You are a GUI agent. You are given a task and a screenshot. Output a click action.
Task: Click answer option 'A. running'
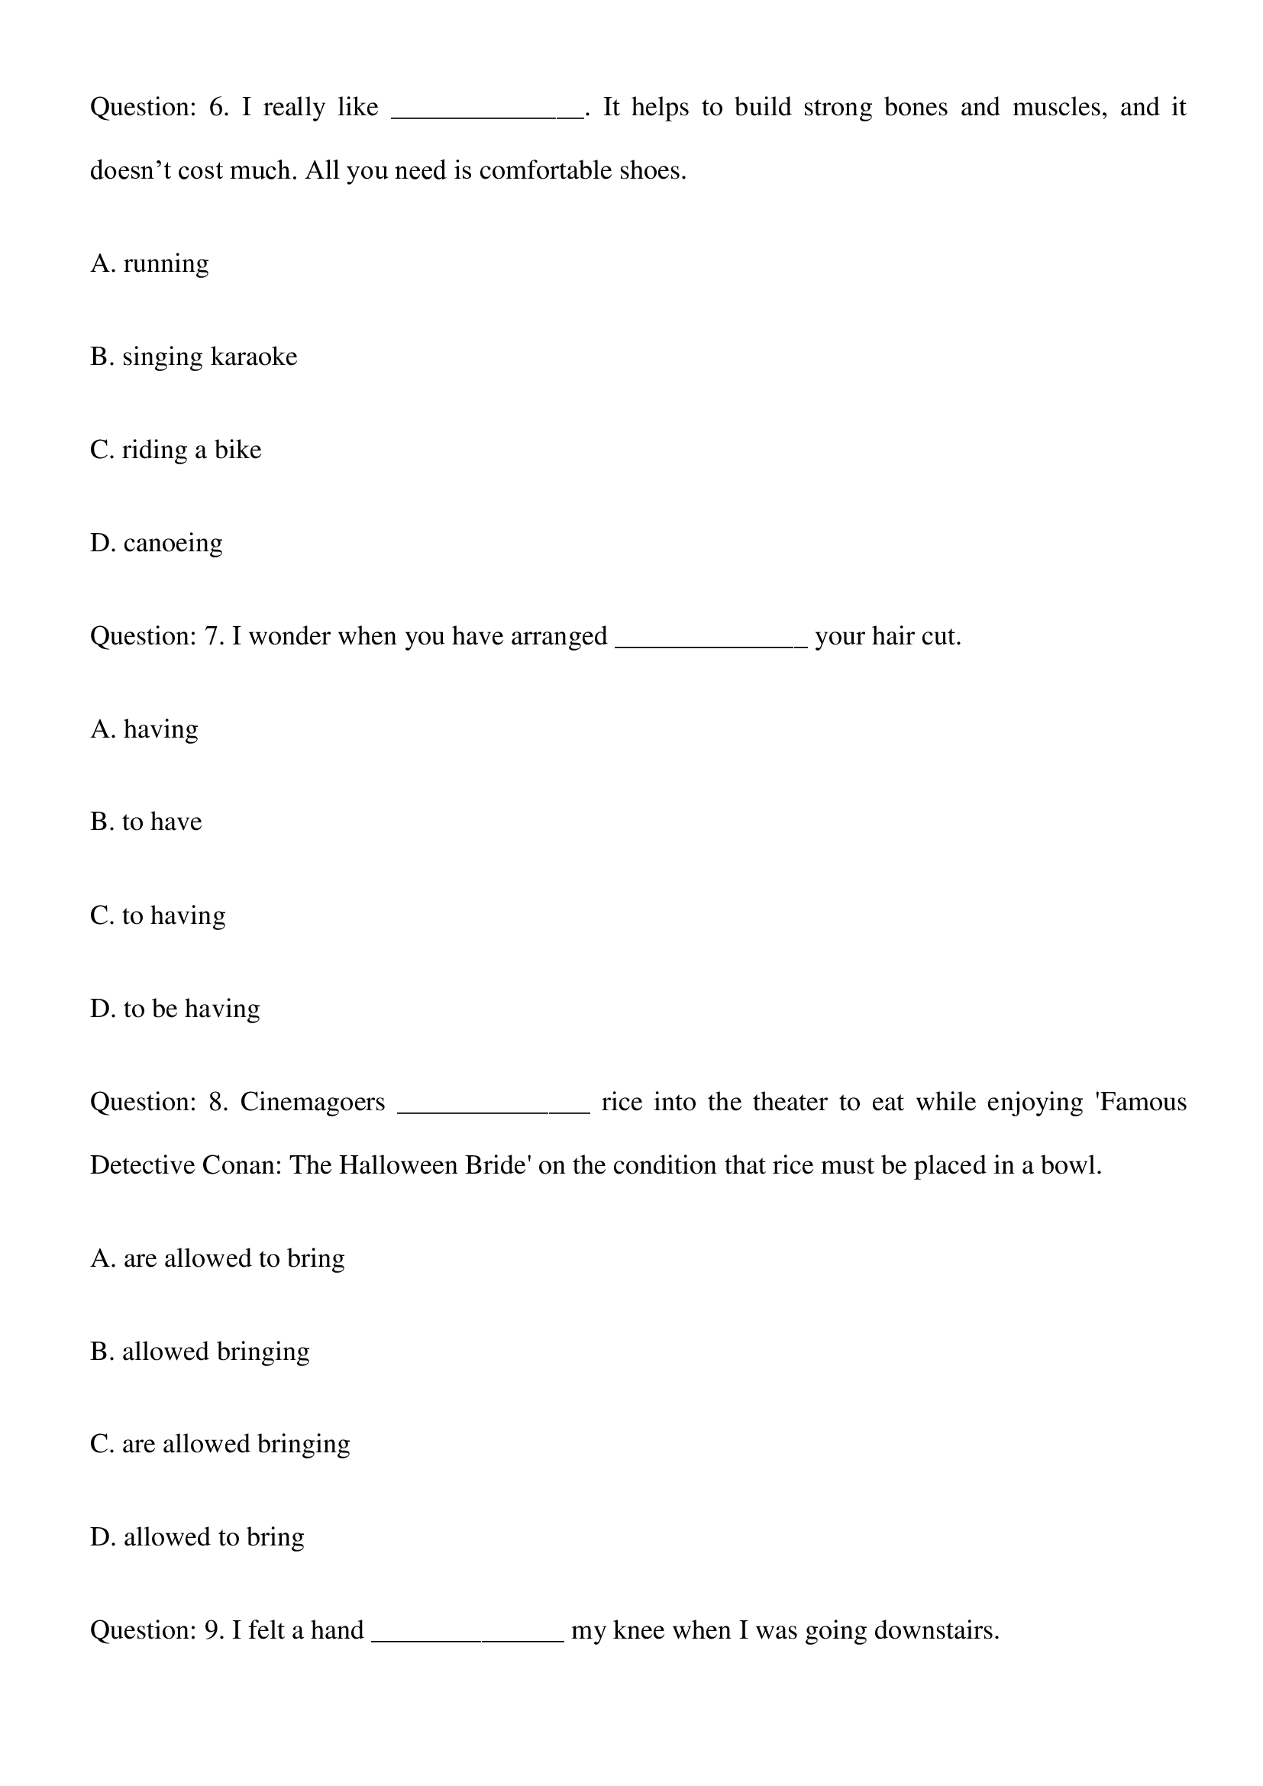point(150,264)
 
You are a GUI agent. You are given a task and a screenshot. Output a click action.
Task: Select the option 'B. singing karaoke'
point(194,357)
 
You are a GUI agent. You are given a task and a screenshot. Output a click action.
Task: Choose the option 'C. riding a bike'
point(176,451)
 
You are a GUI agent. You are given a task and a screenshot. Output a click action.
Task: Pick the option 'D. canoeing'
point(157,543)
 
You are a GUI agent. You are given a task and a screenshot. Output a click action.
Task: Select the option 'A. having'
point(144,730)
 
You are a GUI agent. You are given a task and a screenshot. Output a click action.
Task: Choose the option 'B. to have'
point(146,822)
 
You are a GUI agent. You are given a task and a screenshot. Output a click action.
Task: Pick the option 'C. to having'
point(158,916)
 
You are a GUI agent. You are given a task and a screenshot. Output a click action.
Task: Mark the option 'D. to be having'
point(175,1009)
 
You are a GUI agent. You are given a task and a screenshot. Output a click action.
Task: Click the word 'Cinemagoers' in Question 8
point(312,1103)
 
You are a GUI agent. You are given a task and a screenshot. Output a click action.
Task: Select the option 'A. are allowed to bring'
point(218,1258)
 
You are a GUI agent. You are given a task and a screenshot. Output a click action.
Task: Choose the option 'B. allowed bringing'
point(200,1352)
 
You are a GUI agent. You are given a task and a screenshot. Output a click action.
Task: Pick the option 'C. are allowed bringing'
point(220,1445)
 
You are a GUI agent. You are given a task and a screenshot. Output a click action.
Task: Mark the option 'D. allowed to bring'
point(198,1538)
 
